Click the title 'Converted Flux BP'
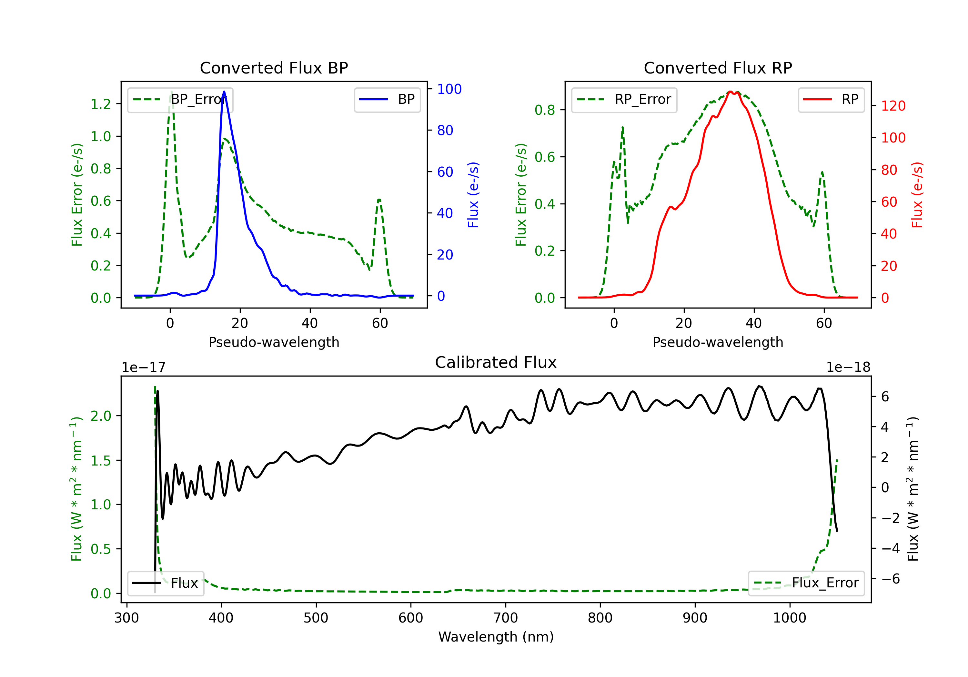point(274,68)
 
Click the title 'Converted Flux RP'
point(718,68)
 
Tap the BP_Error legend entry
point(180,99)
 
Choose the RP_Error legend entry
point(624,99)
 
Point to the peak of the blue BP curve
point(224,92)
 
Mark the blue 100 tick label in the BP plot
point(449,89)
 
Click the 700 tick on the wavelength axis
point(506,618)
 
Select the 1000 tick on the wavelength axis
point(789,618)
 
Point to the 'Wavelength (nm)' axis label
point(496,637)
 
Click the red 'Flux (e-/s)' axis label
point(917,195)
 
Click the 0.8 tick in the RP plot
point(545,110)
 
